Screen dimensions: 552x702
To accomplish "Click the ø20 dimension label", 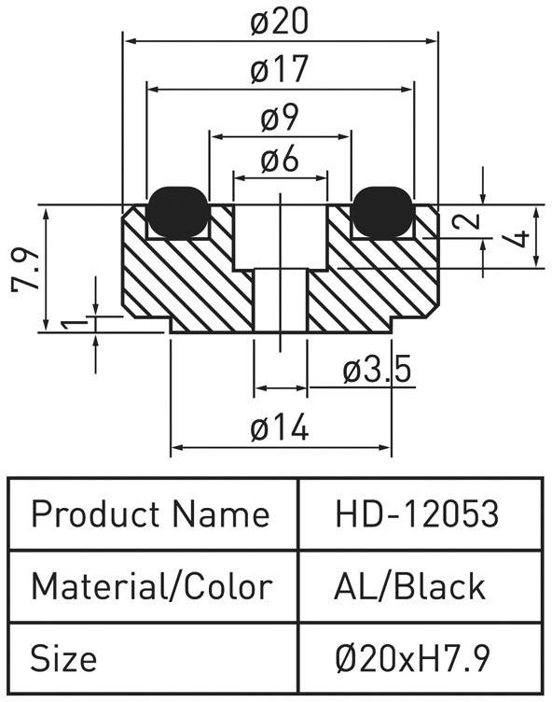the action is pyautogui.click(x=280, y=22).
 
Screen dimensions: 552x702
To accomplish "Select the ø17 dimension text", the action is pyautogui.click(x=280, y=69).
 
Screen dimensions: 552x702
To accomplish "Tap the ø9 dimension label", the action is pyautogui.click(x=280, y=119).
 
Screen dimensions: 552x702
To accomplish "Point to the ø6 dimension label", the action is pyautogui.click(x=280, y=159).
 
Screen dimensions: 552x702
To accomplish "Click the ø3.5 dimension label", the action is pyautogui.click(x=377, y=371).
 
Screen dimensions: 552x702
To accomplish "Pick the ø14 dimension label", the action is pyautogui.click(x=280, y=428).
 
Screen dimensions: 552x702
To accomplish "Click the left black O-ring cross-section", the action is pyautogui.click(x=178, y=212).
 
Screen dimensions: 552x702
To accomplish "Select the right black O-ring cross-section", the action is pyautogui.click(x=382, y=212).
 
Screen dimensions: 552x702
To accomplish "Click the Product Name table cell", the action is pyautogui.click(x=153, y=514).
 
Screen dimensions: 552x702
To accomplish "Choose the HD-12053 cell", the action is pyautogui.click(x=420, y=514).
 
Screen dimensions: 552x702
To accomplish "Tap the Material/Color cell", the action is pyautogui.click(x=153, y=586).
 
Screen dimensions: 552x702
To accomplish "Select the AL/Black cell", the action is pyautogui.click(x=420, y=586).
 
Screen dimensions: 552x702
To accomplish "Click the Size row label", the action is pyautogui.click(x=63, y=658).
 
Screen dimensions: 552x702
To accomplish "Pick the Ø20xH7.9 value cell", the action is pyautogui.click(x=420, y=658).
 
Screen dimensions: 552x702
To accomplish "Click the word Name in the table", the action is pyautogui.click(x=221, y=513).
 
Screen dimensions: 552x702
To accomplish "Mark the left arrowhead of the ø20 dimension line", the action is pyautogui.click(x=130, y=41).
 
